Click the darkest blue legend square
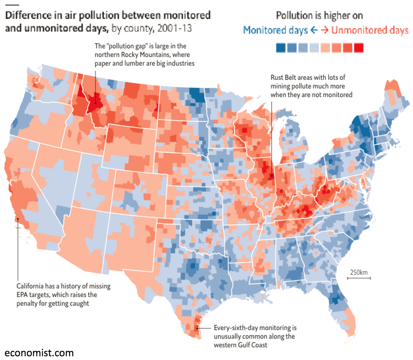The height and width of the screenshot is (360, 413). tap(281, 48)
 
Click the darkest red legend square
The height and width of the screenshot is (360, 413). tap(359, 48)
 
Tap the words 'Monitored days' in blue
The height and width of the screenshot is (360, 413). tap(275, 30)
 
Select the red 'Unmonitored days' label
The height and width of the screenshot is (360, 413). tap(370, 30)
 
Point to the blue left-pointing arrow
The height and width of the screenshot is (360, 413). tap(314, 30)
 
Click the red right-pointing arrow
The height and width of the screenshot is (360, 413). tap(325, 30)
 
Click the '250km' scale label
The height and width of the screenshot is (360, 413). tap(359, 272)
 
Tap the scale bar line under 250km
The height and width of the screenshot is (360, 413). tap(359, 278)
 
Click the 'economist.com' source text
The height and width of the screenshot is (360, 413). tap(39, 353)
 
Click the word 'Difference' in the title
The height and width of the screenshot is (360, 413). tap(29, 15)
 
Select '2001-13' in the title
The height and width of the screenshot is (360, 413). tap(175, 28)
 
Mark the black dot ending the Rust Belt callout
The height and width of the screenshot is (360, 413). tap(272, 175)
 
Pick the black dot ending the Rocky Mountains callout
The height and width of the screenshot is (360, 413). tap(95, 103)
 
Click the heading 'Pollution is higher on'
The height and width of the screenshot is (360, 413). tap(319, 16)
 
